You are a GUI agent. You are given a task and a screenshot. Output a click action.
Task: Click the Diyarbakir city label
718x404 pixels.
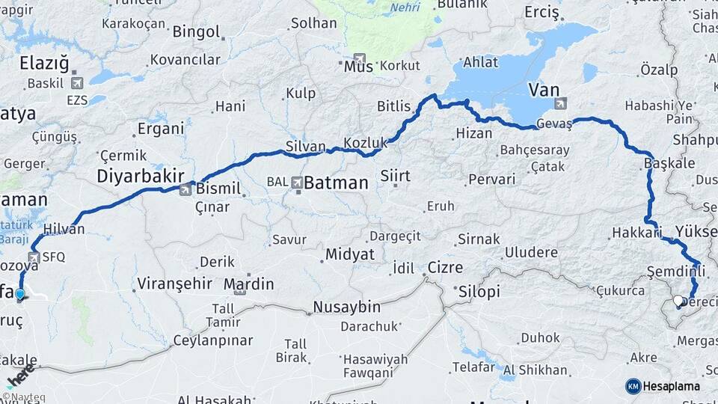[x=141, y=176]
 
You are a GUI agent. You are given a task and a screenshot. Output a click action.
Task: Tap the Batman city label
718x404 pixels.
[x=336, y=183]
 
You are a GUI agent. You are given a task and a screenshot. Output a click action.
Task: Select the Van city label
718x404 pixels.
[x=544, y=90]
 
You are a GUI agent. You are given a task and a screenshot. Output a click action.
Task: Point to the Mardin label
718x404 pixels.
[x=249, y=284]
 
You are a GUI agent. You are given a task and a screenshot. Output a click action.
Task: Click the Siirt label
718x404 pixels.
[x=396, y=177]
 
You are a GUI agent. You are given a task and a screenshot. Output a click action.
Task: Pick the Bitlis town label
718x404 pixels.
[x=394, y=107]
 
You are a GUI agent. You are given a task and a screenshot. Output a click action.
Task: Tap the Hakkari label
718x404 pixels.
[x=636, y=233]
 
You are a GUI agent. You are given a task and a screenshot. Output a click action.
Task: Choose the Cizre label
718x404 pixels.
[x=445, y=268]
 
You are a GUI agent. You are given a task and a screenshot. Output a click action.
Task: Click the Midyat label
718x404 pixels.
[x=349, y=254]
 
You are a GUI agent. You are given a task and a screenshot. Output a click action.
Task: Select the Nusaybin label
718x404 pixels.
[x=346, y=307]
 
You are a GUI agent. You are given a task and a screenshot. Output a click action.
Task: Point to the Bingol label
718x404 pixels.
[x=196, y=32]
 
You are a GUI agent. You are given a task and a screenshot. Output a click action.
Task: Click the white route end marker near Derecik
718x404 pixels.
[x=678, y=301]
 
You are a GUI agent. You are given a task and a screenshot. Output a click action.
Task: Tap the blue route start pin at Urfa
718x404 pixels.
[x=19, y=294]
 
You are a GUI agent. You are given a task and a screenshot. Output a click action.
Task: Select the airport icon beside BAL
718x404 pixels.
[x=297, y=182]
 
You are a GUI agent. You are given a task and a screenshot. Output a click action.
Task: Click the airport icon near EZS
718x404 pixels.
[x=76, y=83]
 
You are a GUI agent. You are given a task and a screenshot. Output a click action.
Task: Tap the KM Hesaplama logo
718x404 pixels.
[x=663, y=386]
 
